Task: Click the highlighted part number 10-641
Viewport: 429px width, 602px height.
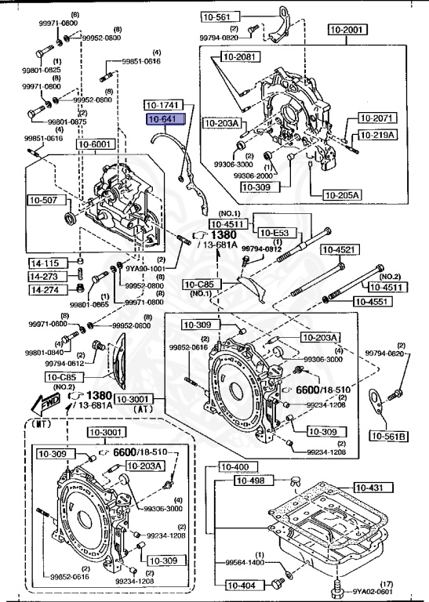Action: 165,120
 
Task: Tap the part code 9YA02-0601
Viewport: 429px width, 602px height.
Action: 372,591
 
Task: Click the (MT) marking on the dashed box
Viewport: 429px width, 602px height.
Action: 45,424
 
